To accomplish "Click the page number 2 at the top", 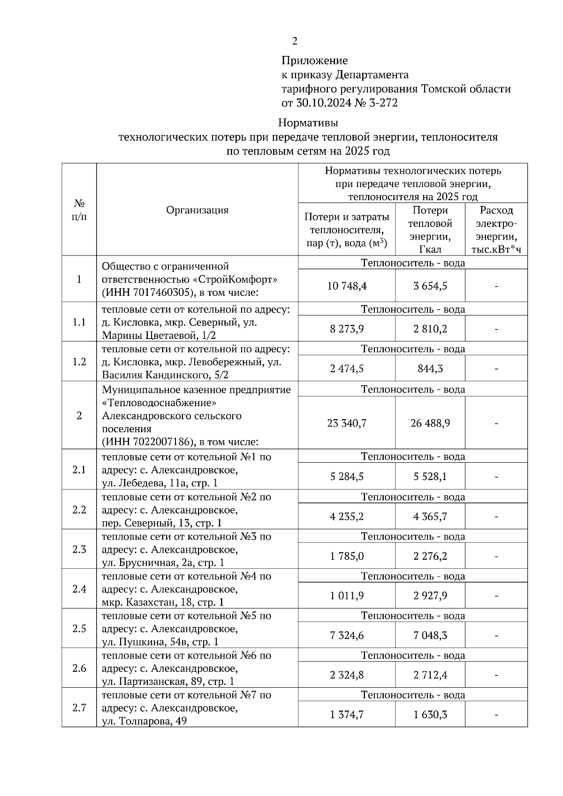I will coord(294,42).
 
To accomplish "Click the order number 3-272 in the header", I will coord(383,103).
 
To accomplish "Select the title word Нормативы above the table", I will coord(308,123).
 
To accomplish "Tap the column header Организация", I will coord(197,210).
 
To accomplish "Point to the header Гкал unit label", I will coord(430,249).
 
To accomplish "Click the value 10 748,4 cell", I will coord(347,286).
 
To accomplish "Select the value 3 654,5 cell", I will coord(430,286).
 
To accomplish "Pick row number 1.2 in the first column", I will coord(79,362).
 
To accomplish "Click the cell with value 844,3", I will coord(430,369).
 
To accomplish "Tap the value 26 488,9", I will coord(430,423).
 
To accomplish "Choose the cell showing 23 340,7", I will coord(347,423).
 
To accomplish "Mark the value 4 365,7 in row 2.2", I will coord(430,517).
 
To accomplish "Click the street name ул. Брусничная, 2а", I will coord(157,563).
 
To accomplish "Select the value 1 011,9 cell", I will coord(347,596).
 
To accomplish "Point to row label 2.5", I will coord(79,629).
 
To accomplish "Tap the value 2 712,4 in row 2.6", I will coord(430,675).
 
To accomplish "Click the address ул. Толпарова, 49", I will coord(145,721).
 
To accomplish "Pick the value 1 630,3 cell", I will coord(430,715).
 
